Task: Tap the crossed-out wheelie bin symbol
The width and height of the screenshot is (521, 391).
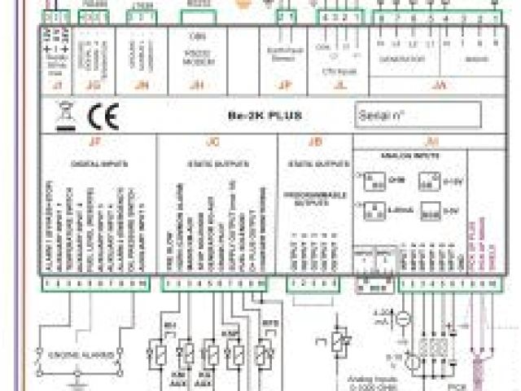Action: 64,116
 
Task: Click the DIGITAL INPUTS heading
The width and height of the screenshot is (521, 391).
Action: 102,164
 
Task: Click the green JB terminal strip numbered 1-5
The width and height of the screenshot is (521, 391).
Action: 313,283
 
